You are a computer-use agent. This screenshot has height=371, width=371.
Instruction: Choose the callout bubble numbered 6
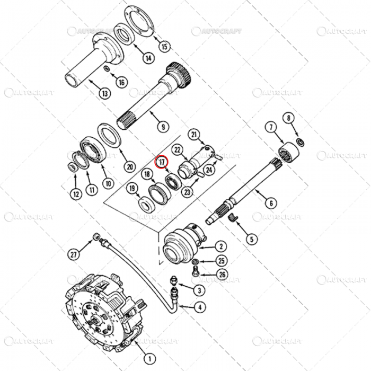click(270, 202)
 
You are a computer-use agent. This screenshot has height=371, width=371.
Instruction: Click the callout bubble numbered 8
click(288, 118)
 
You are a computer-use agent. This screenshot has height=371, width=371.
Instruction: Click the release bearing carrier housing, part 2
click(180, 245)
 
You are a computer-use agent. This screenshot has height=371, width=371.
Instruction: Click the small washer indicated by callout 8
click(300, 142)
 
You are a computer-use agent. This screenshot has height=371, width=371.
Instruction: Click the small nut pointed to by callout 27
click(96, 235)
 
